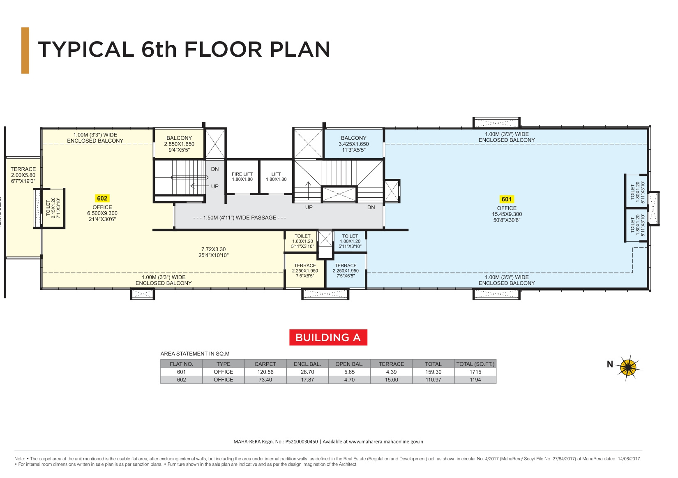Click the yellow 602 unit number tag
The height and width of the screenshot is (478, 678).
coord(102,199)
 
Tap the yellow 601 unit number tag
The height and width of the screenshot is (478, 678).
coord(506,199)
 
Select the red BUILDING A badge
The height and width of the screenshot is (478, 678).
coord(328,337)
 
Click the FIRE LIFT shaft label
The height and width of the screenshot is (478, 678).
coord(242,177)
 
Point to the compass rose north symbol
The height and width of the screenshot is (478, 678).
coord(629,367)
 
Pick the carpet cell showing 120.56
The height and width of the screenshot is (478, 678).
coord(265,372)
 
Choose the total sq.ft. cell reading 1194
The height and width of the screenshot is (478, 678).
coord(475,380)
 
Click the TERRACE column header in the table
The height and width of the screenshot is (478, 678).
coord(391,364)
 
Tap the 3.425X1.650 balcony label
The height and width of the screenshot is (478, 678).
coord(353,144)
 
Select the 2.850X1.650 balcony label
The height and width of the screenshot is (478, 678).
coord(179,144)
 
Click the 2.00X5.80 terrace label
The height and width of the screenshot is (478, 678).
coord(23,175)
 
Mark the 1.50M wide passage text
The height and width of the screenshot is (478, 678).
coord(240,218)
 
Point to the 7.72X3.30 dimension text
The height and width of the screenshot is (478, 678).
coord(213,249)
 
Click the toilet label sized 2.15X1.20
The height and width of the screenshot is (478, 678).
coord(53,208)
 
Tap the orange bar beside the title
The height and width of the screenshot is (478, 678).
coord(25,51)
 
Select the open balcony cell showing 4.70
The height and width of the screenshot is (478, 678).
coord(349,380)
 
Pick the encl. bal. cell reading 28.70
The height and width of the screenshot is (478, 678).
coord(307,372)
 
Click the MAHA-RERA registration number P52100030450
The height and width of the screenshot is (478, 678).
coord(302,442)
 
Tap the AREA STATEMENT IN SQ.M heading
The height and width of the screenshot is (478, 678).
coord(195,354)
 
